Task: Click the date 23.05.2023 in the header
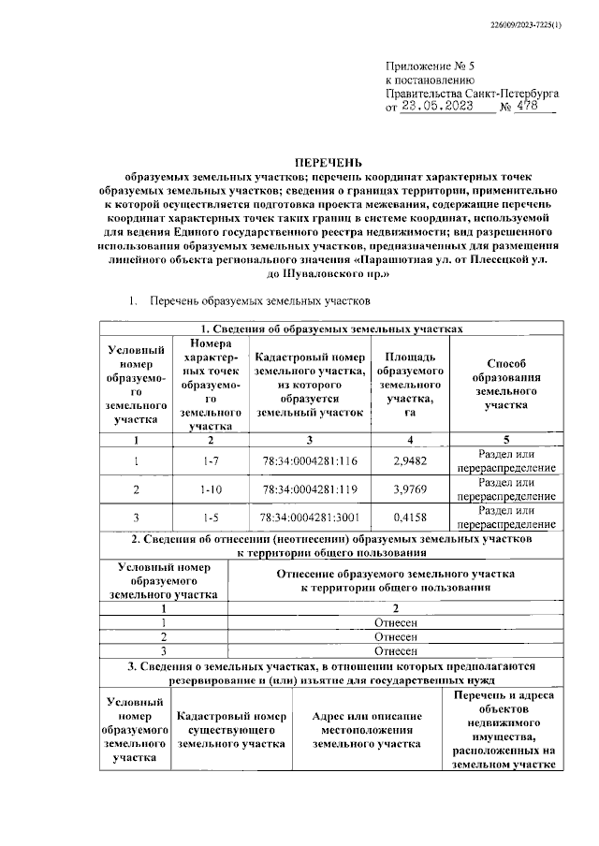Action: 445,107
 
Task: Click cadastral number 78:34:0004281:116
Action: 310,460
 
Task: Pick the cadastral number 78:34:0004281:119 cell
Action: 310,489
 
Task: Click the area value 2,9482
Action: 410,460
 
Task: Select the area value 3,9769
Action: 410,489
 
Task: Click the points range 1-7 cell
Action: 210,460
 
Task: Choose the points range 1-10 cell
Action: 210,489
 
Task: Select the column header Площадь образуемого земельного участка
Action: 410,385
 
